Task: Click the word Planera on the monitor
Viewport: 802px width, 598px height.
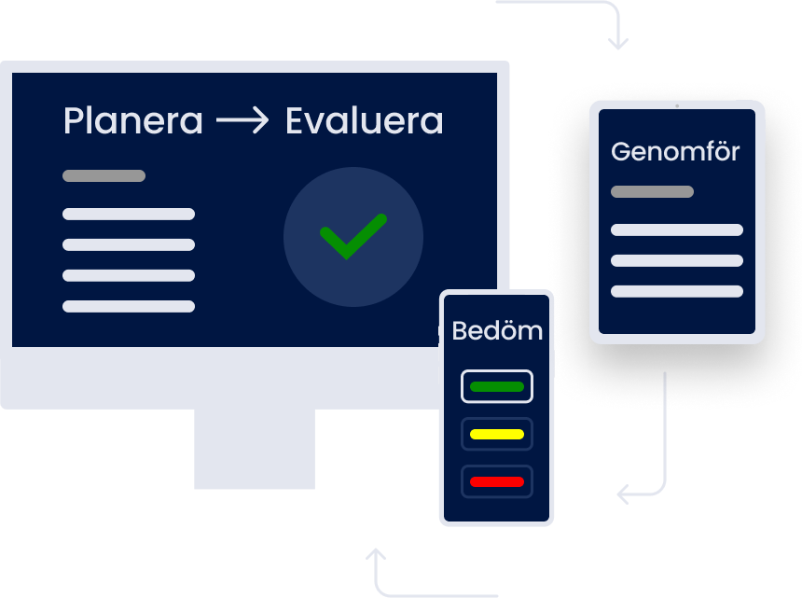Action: coord(132,121)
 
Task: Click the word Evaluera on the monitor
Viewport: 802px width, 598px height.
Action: coord(364,121)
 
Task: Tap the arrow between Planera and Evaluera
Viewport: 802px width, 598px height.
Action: coord(242,121)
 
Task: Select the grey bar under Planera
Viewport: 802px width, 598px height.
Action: coord(104,175)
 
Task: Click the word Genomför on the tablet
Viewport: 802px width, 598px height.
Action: coord(675,151)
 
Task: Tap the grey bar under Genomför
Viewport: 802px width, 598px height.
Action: coord(652,191)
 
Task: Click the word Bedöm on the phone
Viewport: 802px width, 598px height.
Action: coord(497,330)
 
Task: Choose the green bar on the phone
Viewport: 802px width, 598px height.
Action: coord(497,386)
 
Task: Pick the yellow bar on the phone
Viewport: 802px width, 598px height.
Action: coord(497,434)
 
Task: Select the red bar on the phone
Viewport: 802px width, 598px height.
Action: coord(497,481)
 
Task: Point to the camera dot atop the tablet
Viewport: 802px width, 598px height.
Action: coord(677,105)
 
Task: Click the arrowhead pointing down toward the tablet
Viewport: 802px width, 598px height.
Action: coord(617,43)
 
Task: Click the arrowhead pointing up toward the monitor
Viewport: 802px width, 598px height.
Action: coord(376,555)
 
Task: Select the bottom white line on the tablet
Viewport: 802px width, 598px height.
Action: coord(677,291)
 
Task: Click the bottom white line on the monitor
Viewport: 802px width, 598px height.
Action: coord(129,306)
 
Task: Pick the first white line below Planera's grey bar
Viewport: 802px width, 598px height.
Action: coord(129,214)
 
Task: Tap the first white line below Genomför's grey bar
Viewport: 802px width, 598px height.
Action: coord(677,229)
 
